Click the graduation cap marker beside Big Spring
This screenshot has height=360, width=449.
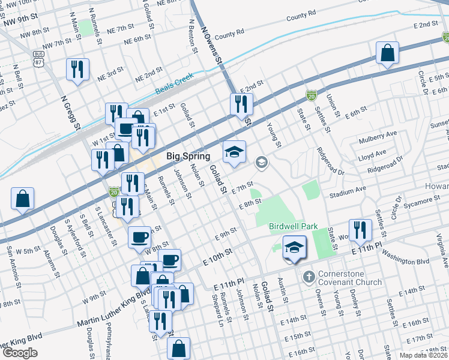(x=235, y=152)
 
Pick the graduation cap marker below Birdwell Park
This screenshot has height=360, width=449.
(x=294, y=248)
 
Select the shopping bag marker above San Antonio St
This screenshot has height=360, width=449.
(x=22, y=199)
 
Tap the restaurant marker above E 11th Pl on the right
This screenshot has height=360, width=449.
(x=360, y=230)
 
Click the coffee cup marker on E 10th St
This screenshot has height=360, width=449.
(x=169, y=260)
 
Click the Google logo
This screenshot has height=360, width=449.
(x=20, y=352)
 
